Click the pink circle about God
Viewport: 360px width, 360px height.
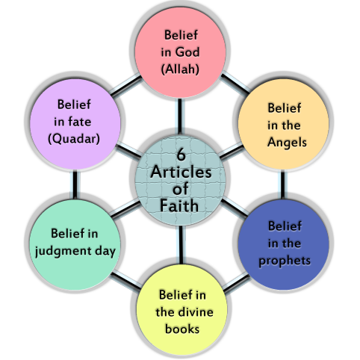click(x=179, y=52)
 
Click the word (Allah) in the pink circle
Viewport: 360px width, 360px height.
click(x=179, y=69)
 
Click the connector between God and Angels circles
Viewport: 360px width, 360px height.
click(x=232, y=81)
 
